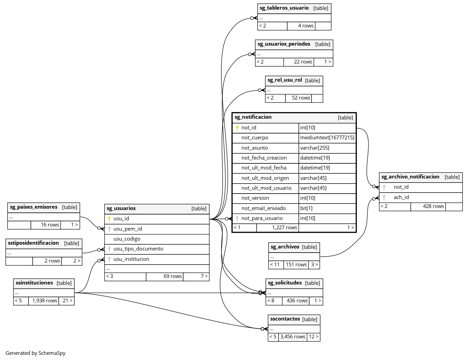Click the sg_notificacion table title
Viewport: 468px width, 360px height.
[x=253, y=117]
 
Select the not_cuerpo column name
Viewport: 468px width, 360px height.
[x=255, y=138]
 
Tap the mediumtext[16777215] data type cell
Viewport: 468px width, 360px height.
[x=327, y=138]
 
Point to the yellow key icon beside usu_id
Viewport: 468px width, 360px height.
[x=109, y=219]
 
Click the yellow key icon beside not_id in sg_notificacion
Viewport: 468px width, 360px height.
[x=237, y=128]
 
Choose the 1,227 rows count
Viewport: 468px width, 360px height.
[x=284, y=227]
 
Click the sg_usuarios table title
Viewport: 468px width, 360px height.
[x=121, y=208]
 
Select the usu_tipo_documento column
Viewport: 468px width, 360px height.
[x=138, y=249]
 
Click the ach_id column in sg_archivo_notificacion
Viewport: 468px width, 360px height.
[x=401, y=197]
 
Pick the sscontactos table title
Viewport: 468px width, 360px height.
[x=285, y=319]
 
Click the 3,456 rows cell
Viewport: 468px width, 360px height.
[x=292, y=337]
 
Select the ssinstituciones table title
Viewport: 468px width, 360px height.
[x=34, y=283]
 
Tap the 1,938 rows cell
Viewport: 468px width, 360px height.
[x=45, y=301]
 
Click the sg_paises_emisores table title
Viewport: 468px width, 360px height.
[x=34, y=207]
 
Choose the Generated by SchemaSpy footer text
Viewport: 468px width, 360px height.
[x=35, y=353]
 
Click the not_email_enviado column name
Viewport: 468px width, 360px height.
[x=264, y=208]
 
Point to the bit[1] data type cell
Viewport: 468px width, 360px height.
[x=306, y=208]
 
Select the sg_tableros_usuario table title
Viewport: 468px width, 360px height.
[x=284, y=8]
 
